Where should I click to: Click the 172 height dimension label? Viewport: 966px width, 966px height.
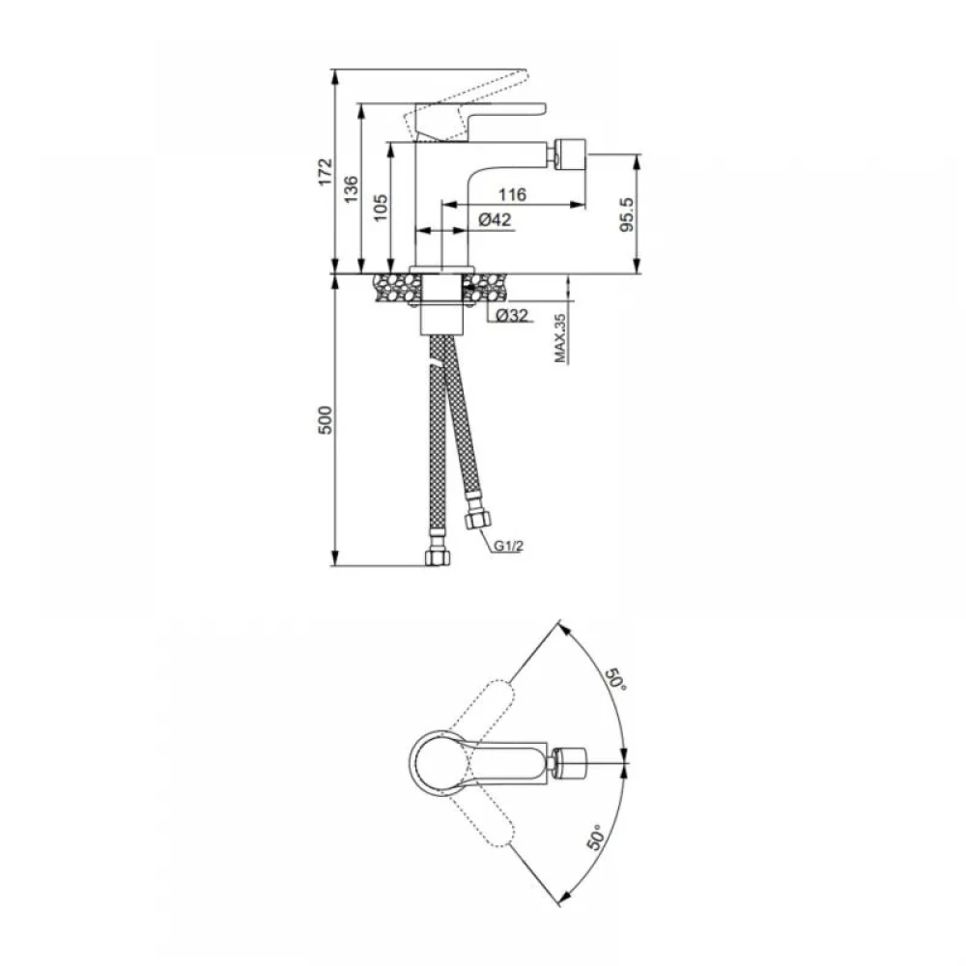click(325, 172)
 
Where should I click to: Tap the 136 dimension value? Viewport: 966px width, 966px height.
click(351, 189)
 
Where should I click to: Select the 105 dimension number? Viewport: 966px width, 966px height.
click(380, 208)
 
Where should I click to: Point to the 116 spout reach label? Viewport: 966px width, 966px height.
click(513, 195)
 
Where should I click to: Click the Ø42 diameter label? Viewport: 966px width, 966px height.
click(495, 219)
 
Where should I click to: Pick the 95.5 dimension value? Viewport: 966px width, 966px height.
click(626, 214)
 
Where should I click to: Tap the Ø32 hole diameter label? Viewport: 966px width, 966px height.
click(512, 315)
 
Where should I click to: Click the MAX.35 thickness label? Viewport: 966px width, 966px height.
click(560, 338)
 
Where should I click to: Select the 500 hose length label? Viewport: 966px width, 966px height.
click(325, 420)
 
